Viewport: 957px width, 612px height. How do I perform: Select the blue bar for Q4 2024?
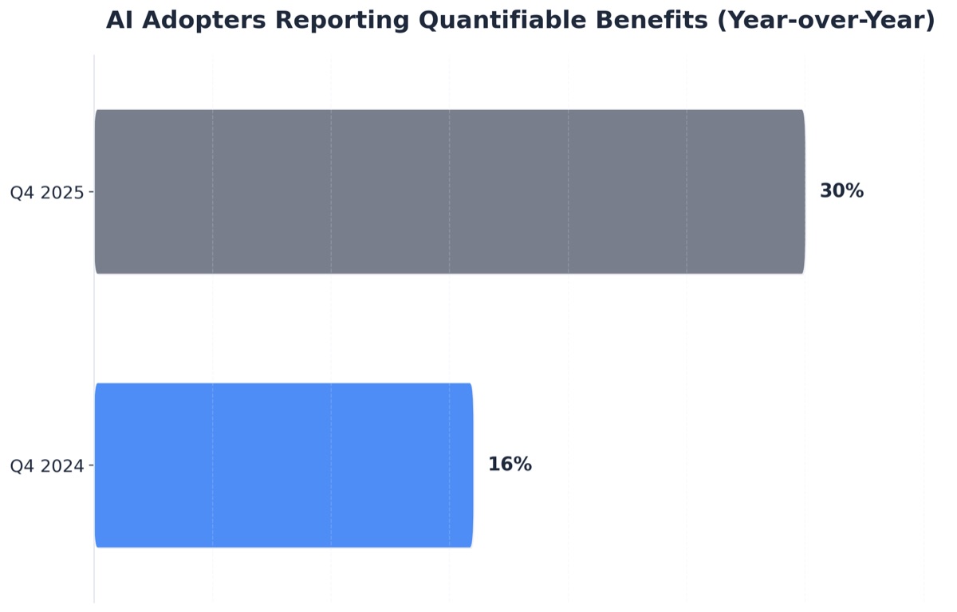(x=283, y=465)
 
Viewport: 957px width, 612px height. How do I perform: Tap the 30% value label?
(x=841, y=191)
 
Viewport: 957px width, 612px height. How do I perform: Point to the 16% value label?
(x=510, y=465)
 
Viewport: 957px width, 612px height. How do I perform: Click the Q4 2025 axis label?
(x=46, y=192)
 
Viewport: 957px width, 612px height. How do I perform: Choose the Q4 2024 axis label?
(x=46, y=466)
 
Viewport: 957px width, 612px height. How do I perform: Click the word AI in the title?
(x=119, y=21)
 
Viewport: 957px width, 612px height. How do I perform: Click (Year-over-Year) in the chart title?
(x=826, y=21)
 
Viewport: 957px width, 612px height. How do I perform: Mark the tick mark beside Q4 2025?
(x=91, y=192)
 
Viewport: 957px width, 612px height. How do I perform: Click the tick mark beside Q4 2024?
(x=91, y=466)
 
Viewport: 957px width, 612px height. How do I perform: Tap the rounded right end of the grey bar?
(x=801, y=191)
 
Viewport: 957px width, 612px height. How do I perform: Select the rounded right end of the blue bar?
(x=470, y=465)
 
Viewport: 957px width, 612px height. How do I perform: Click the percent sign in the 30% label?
(x=853, y=191)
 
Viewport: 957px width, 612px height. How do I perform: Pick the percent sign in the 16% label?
(x=522, y=465)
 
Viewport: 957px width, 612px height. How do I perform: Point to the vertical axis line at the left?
(x=94, y=335)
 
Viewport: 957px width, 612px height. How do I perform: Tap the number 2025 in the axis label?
(x=64, y=192)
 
